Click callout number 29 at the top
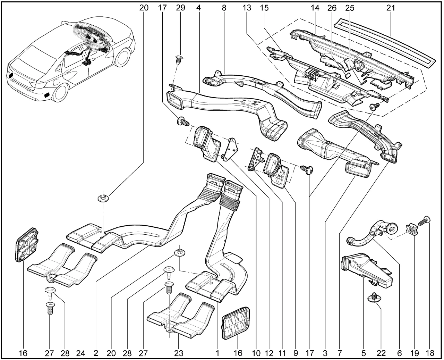click(x=181, y=8)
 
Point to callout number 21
click(x=391, y=8)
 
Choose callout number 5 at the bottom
click(x=364, y=353)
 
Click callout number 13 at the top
click(x=247, y=8)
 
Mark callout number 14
click(x=317, y=8)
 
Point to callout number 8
click(x=224, y=8)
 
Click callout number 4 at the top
click(x=198, y=8)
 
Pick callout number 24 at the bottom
click(x=80, y=353)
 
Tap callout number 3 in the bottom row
click(x=325, y=353)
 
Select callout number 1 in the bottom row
click(x=217, y=353)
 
